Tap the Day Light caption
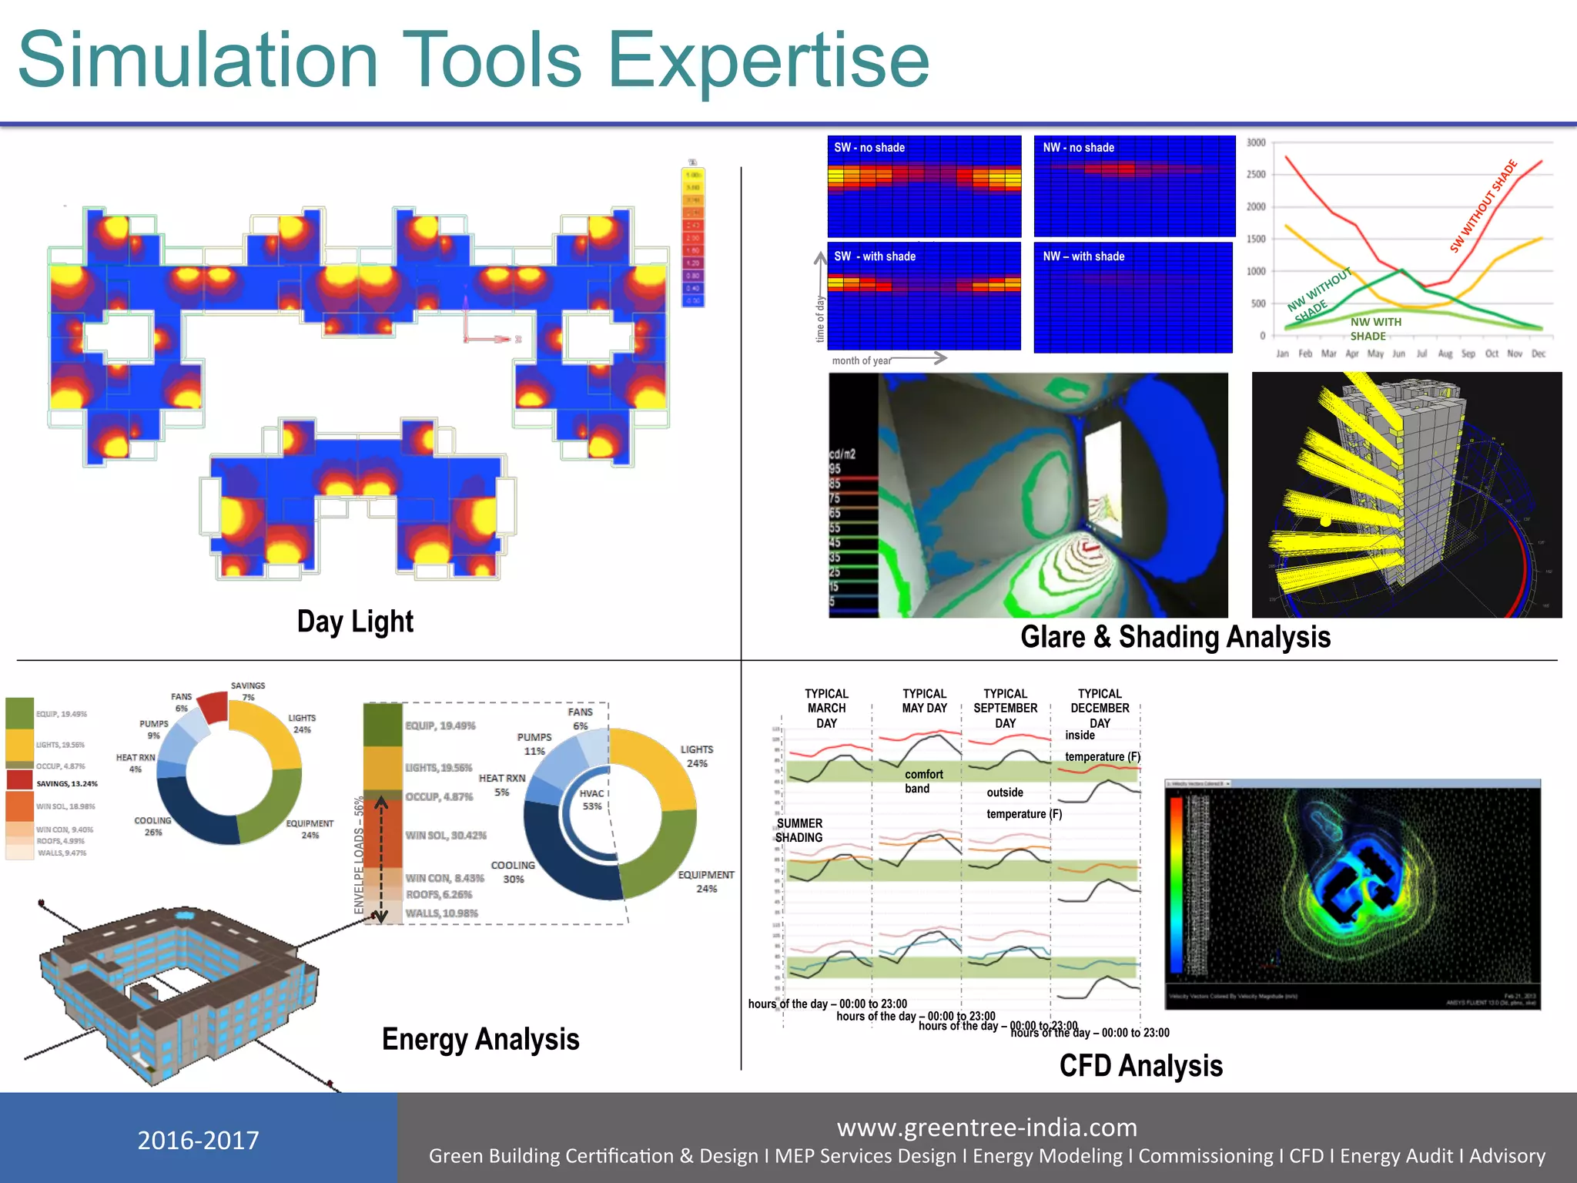[x=355, y=622]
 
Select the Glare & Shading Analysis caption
[x=1175, y=637]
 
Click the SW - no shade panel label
[x=869, y=148]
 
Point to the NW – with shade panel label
[x=1083, y=256]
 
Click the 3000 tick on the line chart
[x=1255, y=143]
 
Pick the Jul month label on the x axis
[x=1421, y=354]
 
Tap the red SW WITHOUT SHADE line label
[x=1483, y=206]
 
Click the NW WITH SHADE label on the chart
[x=1374, y=329]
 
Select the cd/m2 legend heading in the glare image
[x=842, y=454]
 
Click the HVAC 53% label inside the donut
[x=591, y=799]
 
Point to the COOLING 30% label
[x=513, y=872]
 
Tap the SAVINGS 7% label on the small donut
[x=248, y=691]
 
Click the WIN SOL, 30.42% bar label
[x=446, y=836]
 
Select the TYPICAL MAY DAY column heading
[x=924, y=701]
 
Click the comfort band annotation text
[x=922, y=781]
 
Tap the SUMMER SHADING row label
[x=799, y=830]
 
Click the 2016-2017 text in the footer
[x=198, y=1140]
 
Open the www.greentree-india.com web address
[x=986, y=1128]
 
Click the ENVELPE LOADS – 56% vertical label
[x=359, y=855]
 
